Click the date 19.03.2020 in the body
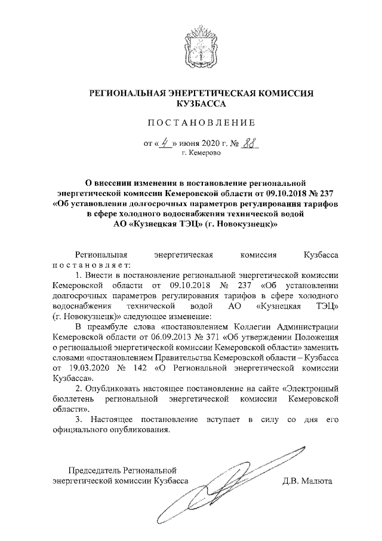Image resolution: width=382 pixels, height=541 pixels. [x=94, y=368]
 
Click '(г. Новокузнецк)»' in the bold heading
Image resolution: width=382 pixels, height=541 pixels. [x=244, y=224]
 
